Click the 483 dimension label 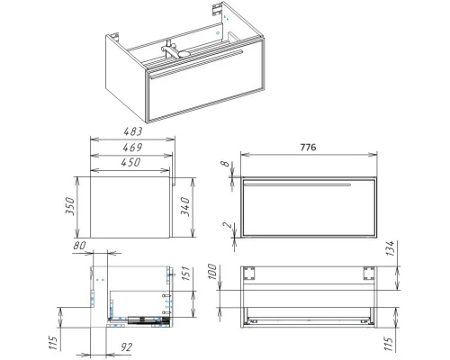click(132, 131)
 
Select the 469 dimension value click(132, 148)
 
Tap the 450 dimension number click(130, 162)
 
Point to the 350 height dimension click(69, 205)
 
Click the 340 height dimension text click(184, 207)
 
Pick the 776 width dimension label click(308, 148)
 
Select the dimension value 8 click(225, 164)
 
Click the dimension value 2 click(228, 225)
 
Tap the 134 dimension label click(390, 248)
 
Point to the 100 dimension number click(211, 272)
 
